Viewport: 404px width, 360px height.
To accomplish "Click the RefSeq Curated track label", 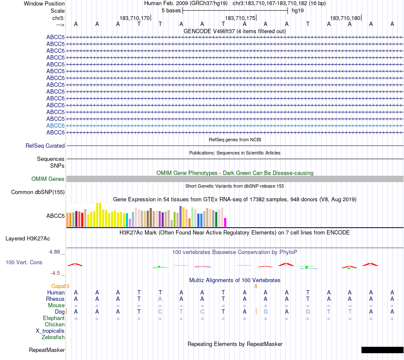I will (x=45, y=146).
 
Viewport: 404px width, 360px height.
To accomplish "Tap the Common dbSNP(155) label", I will (x=38, y=192).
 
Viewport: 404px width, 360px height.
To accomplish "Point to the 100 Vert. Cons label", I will (x=24, y=262).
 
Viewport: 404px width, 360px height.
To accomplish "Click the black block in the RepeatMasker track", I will (x=382, y=350).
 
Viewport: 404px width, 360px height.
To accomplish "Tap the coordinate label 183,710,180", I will (x=345, y=18).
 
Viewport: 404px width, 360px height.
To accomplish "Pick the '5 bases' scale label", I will (x=171, y=10).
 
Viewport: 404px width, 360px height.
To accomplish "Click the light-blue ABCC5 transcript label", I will (x=55, y=126).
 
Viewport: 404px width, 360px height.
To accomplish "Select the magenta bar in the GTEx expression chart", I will (x=225, y=222).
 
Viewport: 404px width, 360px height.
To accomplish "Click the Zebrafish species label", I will (x=53, y=337).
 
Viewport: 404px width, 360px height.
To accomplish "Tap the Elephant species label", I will (x=54, y=318).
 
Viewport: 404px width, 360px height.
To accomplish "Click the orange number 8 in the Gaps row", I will (x=256, y=286).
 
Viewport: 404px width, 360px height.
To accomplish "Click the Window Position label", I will (x=44, y=3).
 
